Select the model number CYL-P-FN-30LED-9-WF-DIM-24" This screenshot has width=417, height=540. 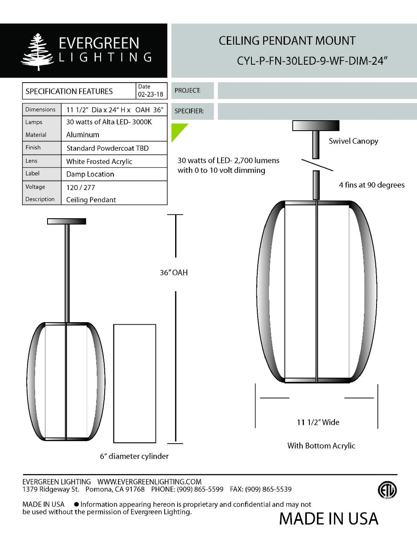pyautogui.click(x=312, y=61)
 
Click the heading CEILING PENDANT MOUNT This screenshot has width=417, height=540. pyautogui.click(x=287, y=41)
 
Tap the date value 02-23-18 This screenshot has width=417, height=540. pyautogui.click(x=151, y=94)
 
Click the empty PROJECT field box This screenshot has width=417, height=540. pyautogui.click(x=317, y=91)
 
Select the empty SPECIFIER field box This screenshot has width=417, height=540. pyautogui.click(x=317, y=111)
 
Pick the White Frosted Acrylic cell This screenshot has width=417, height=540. pyautogui.click(x=99, y=161)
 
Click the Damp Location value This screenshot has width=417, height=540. pyautogui.click(x=90, y=174)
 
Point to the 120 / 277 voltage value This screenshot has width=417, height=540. pyautogui.click(x=80, y=187)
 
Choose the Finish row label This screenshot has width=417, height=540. pyautogui.click(x=33, y=147)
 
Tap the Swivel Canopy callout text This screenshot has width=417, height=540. pyautogui.click(x=353, y=141)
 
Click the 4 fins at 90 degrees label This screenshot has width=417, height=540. pyautogui.click(x=372, y=185)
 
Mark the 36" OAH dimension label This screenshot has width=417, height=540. pyautogui.click(x=174, y=273)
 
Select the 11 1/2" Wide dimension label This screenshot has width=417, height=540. pyautogui.click(x=318, y=422)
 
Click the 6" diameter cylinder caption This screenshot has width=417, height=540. pyautogui.click(x=134, y=456)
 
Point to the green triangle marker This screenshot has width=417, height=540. pyautogui.click(x=177, y=130)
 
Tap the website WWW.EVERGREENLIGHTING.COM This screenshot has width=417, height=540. pyautogui.click(x=149, y=482)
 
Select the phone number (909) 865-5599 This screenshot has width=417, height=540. pyautogui.click(x=200, y=489)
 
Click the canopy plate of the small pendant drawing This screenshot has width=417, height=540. pyautogui.click(x=67, y=221)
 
